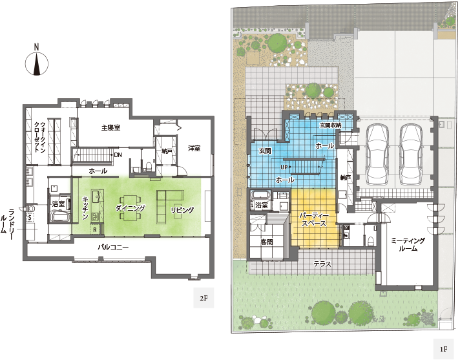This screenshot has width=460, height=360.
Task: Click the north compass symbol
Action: [37, 60]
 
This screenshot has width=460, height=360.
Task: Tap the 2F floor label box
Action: [204, 298]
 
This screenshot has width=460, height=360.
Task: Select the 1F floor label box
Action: [443, 349]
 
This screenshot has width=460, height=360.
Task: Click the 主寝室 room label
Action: [110, 127]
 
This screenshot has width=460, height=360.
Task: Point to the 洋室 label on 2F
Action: [194, 148]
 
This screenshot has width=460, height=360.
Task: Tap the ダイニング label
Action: [131, 208]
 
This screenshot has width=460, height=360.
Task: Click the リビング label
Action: [182, 210]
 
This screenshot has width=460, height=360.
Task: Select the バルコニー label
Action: [113, 247]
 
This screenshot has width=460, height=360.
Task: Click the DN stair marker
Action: [118, 154]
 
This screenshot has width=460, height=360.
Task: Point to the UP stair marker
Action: [284, 167]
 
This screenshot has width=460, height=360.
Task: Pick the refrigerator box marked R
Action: [95, 229]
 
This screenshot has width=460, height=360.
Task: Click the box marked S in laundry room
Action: [30, 217]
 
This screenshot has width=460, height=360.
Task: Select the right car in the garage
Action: [411, 154]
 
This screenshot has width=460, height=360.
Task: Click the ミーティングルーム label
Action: [408, 244]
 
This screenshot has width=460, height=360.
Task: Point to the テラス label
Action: [322, 264]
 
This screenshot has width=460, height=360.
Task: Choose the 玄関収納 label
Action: [330, 125]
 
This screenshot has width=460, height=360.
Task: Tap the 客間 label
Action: [267, 242]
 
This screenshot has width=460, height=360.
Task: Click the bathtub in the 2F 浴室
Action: [61, 217]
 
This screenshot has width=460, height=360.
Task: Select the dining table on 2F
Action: [131, 207]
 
